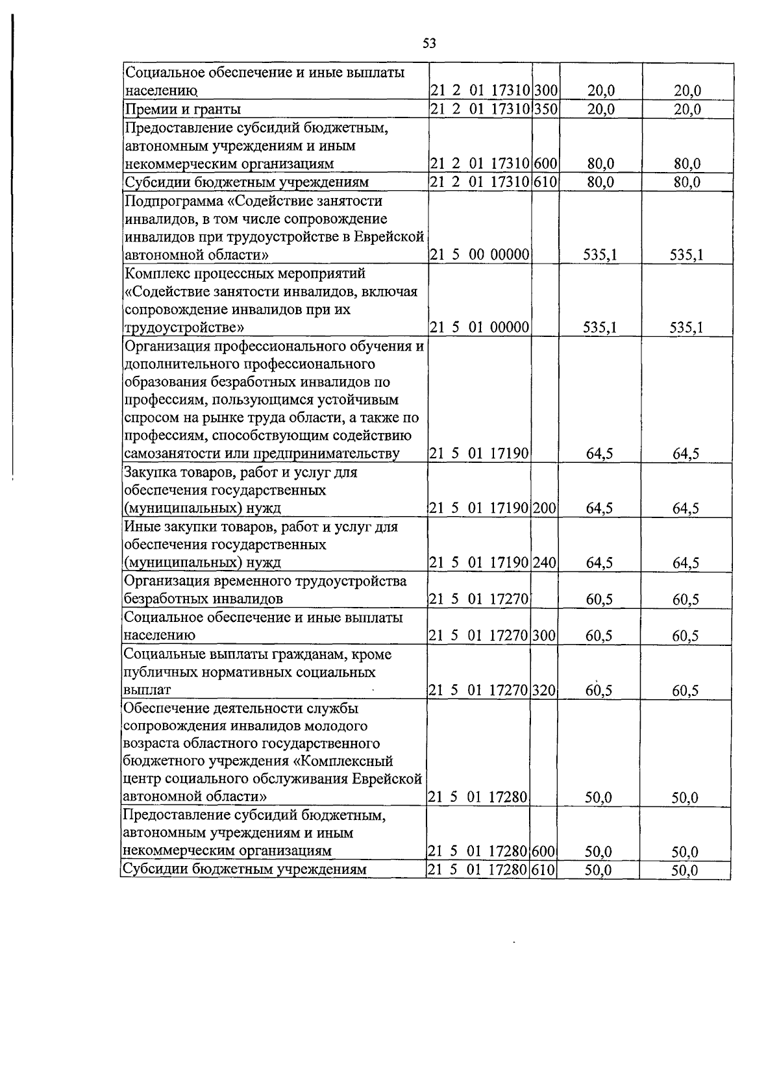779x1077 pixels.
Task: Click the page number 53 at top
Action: (x=429, y=43)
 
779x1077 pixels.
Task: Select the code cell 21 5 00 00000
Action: (x=480, y=255)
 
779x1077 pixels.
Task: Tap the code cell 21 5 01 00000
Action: (x=480, y=327)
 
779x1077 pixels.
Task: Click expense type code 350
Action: (x=546, y=109)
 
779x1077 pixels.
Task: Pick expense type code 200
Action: (x=545, y=508)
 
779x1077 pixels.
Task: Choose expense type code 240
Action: (x=545, y=562)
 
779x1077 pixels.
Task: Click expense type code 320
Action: (x=545, y=690)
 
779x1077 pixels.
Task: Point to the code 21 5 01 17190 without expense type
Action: (x=480, y=453)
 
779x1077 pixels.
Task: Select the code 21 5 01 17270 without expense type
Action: (x=480, y=599)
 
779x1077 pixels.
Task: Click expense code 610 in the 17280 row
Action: (x=544, y=869)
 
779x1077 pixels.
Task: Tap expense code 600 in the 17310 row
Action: (x=546, y=164)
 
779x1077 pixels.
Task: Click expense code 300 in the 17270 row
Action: (x=545, y=635)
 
